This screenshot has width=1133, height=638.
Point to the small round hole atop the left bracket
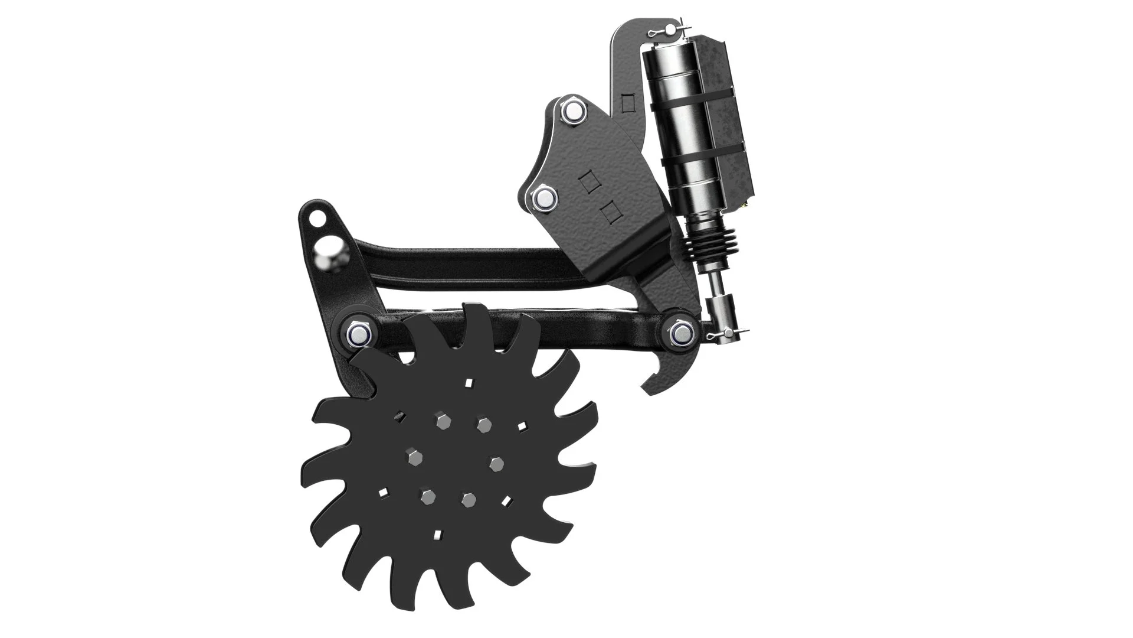coord(318,216)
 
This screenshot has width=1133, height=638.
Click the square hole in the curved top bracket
coord(629,104)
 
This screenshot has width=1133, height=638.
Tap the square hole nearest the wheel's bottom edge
coord(437,535)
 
